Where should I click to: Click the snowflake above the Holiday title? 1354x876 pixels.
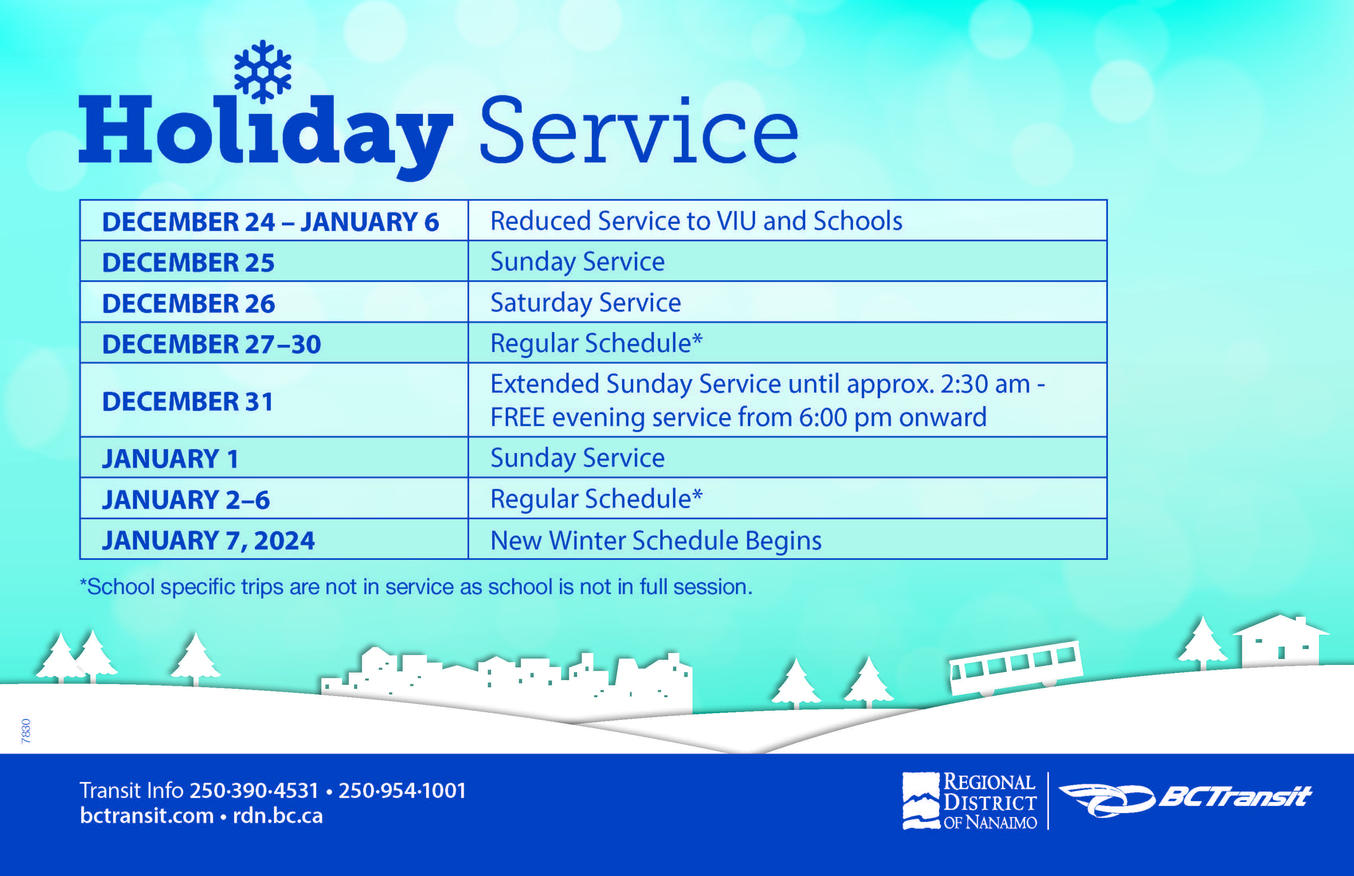[262, 71]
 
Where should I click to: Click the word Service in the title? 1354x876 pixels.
[638, 131]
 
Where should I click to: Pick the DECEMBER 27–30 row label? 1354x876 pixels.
[211, 344]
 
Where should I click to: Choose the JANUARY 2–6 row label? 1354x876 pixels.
[186, 499]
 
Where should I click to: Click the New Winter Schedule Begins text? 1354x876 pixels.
[655, 540]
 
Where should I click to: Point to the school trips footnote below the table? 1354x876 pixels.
[416, 587]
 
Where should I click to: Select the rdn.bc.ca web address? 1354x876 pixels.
[278, 816]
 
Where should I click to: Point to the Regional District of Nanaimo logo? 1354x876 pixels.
[970, 801]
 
